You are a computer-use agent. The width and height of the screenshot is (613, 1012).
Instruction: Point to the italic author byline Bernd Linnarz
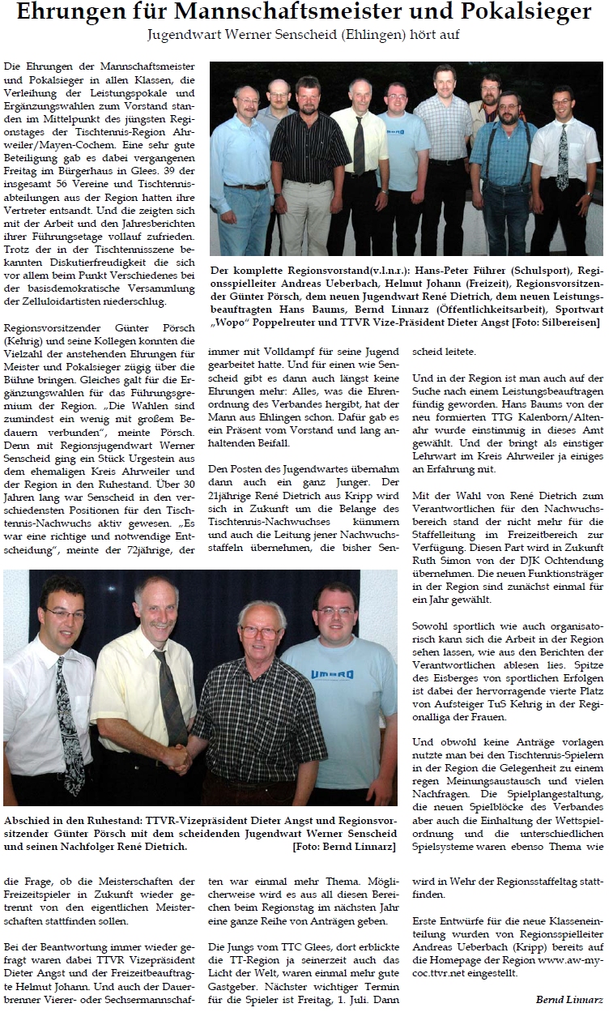point(569,998)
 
